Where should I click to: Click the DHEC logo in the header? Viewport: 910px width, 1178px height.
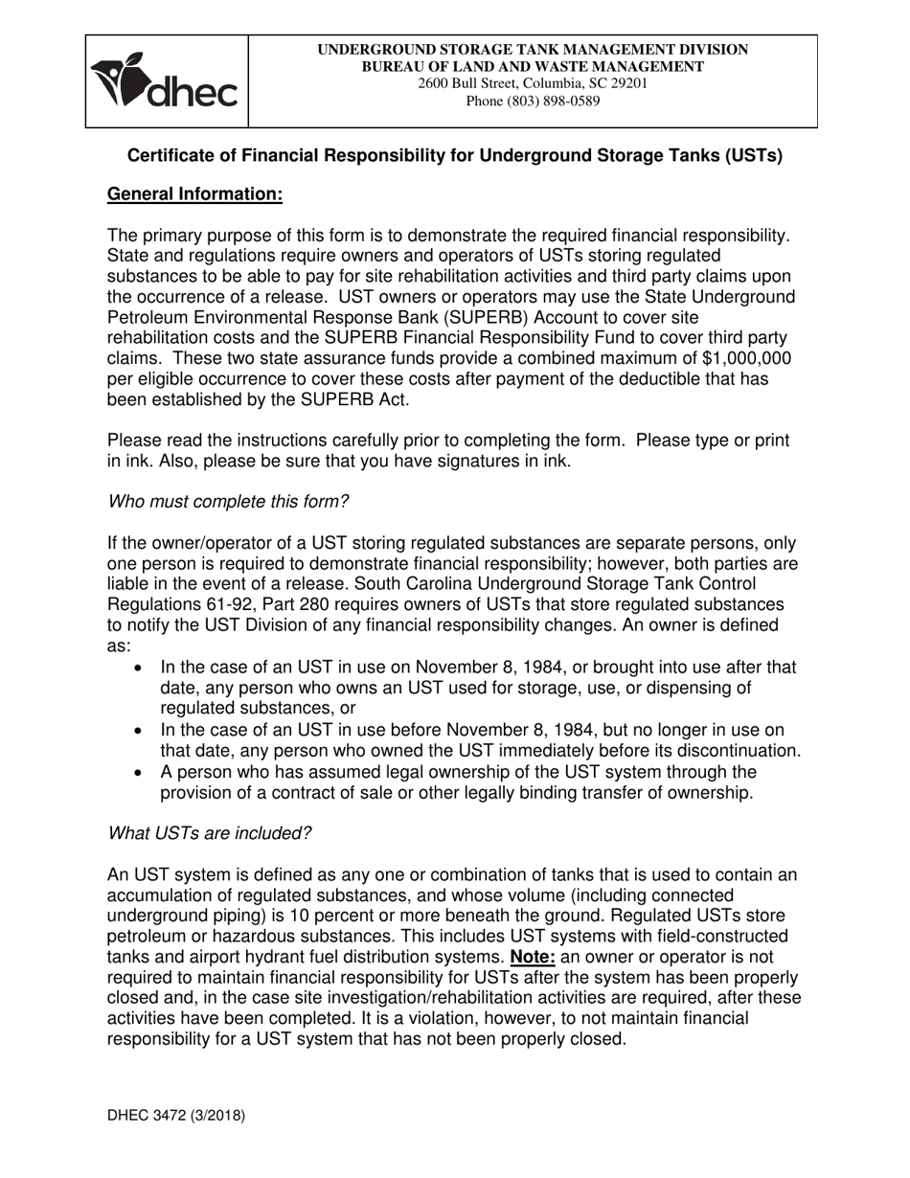coord(164,81)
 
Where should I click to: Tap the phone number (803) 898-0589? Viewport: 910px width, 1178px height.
coord(533,101)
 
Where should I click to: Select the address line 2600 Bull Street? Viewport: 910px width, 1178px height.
coord(533,83)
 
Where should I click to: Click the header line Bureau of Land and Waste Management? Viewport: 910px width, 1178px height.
coord(533,66)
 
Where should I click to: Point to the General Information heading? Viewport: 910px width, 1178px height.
coord(194,194)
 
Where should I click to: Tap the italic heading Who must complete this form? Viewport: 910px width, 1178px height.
coord(228,502)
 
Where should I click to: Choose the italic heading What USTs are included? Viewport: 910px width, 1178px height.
coord(209,833)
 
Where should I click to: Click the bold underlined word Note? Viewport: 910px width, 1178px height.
coord(533,957)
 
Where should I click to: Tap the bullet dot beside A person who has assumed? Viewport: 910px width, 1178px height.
coord(141,772)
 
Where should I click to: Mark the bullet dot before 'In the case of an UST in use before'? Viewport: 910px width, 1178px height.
coord(141,731)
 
